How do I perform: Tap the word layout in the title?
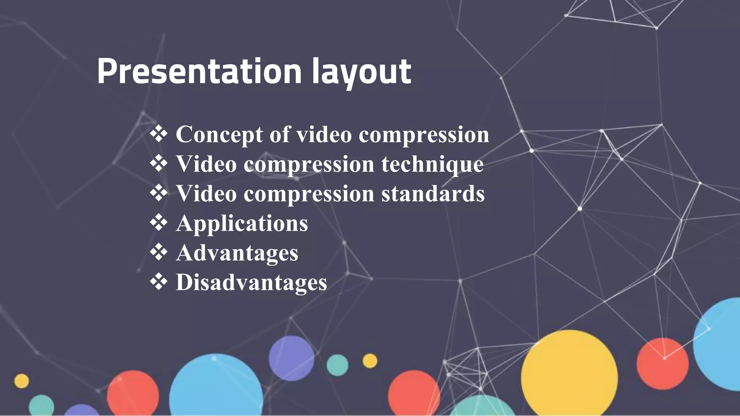pyautogui.click(x=361, y=72)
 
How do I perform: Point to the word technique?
pyautogui.click(x=432, y=164)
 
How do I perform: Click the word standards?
pyautogui.click(x=433, y=194)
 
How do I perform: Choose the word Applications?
pyautogui.click(x=242, y=224)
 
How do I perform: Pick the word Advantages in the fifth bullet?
pyautogui.click(x=237, y=253)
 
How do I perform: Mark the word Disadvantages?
pyautogui.click(x=251, y=282)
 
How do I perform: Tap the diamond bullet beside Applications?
pyautogui.click(x=159, y=222)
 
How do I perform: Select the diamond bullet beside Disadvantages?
pyautogui.click(x=159, y=282)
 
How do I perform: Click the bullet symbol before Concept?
pyautogui.click(x=159, y=134)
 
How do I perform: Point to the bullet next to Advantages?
pyautogui.click(x=159, y=252)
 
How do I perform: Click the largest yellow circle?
pyautogui.click(x=569, y=376)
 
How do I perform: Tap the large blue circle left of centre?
pyautogui.click(x=216, y=386)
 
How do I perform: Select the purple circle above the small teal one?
pyautogui.click(x=291, y=358)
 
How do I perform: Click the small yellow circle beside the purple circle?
pyautogui.click(x=370, y=361)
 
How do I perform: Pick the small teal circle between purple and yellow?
pyautogui.click(x=337, y=365)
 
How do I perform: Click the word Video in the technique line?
pyautogui.click(x=206, y=164)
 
